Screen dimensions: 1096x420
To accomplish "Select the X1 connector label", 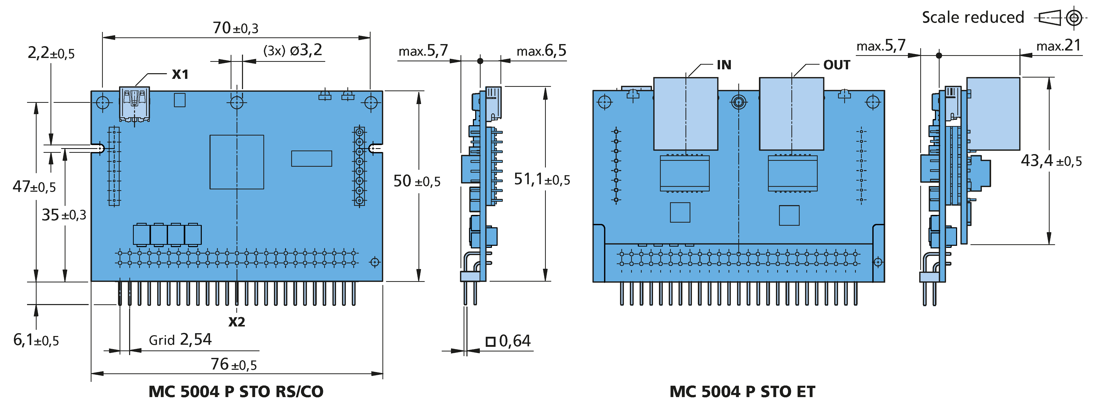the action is (180, 74).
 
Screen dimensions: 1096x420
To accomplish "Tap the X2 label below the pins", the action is (237, 322).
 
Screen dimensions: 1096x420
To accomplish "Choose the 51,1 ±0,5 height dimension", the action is (542, 179).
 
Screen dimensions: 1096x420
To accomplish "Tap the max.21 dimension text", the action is (1059, 45).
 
